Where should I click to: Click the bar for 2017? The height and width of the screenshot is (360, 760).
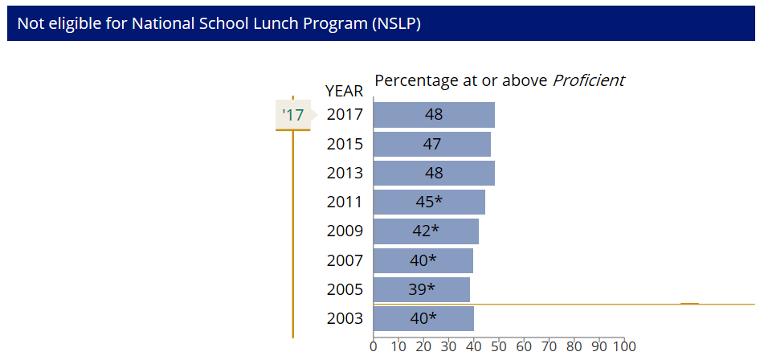click(x=434, y=115)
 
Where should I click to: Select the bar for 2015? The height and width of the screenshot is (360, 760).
click(x=432, y=144)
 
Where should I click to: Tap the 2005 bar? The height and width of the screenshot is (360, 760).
click(x=422, y=289)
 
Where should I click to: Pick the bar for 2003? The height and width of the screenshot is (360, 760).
click(x=423, y=318)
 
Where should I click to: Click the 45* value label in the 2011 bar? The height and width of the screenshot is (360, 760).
click(x=429, y=202)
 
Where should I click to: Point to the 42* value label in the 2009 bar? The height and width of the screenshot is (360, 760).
click(x=426, y=231)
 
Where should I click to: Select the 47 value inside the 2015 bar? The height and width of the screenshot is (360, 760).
click(x=432, y=144)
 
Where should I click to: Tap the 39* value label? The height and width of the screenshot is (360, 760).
click(x=422, y=289)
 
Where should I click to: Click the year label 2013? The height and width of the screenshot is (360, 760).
click(x=345, y=173)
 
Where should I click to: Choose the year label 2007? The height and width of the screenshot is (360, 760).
click(x=345, y=260)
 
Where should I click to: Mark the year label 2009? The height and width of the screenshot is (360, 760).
click(x=345, y=231)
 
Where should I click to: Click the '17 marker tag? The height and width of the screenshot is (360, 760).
click(x=293, y=115)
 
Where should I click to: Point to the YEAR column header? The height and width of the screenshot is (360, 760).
click(x=344, y=91)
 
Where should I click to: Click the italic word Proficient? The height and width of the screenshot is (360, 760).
click(x=588, y=80)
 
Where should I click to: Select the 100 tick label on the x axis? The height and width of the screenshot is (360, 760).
click(x=624, y=347)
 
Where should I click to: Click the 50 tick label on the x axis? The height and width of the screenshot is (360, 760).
click(x=499, y=347)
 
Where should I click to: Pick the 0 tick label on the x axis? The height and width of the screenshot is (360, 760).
click(x=374, y=347)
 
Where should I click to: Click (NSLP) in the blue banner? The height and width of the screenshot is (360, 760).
click(x=396, y=24)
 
